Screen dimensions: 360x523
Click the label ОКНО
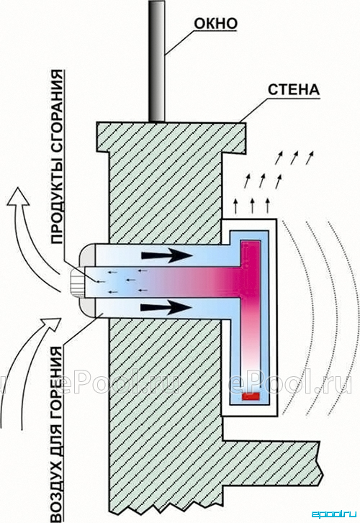coord(216,23)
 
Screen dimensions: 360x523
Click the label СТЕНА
coord(294,90)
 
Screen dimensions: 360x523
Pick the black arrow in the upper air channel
coord(167,255)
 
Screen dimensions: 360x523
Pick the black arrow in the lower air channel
coord(166,307)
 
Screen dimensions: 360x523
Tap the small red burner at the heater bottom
coord(251,396)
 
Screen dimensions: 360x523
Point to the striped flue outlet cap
coord(78,281)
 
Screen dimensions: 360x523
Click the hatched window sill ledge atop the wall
coord(171,137)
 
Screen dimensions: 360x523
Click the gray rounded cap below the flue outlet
coord(88,307)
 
